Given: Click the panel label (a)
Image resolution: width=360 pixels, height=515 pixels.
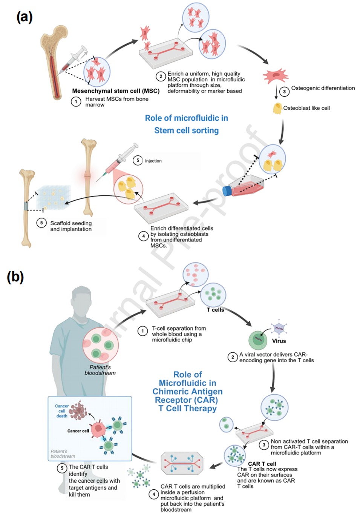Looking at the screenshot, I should coord(25,17).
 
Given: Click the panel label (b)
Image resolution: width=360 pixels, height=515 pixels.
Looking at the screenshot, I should coord(15,277).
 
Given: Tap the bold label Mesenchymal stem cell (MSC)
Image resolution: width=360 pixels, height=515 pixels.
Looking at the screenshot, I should coord(116,91).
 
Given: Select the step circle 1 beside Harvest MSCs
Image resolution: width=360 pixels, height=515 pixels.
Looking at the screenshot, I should coord(76,101).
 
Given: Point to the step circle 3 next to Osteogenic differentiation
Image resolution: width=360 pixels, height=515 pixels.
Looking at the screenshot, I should coord(284,91).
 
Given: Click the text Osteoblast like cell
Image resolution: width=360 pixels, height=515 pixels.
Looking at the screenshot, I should coord(306,108).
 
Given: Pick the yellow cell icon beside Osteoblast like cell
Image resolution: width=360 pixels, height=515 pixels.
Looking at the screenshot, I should coord(277,109).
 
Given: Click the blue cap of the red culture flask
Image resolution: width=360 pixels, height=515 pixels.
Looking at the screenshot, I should coord(227,191).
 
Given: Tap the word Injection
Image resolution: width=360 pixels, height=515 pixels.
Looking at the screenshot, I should coord(153,161).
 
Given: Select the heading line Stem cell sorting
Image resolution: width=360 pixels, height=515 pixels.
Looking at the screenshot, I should coord(187,131).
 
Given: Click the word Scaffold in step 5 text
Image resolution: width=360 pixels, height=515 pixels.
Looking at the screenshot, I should coord(60,223).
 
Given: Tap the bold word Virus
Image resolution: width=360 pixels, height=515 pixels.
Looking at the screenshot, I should coord(279,341).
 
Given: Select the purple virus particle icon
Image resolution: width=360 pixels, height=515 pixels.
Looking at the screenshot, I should coord(279,328).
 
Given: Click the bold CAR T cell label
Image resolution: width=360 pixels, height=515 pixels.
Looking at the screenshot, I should coord(262,464).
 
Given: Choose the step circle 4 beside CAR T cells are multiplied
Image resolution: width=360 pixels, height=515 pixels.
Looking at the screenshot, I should coord(153,494).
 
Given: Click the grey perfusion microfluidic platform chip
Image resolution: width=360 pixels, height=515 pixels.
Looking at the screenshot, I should coord(182,463).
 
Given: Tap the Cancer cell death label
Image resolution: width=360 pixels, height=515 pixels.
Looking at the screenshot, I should coord(62,411).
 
